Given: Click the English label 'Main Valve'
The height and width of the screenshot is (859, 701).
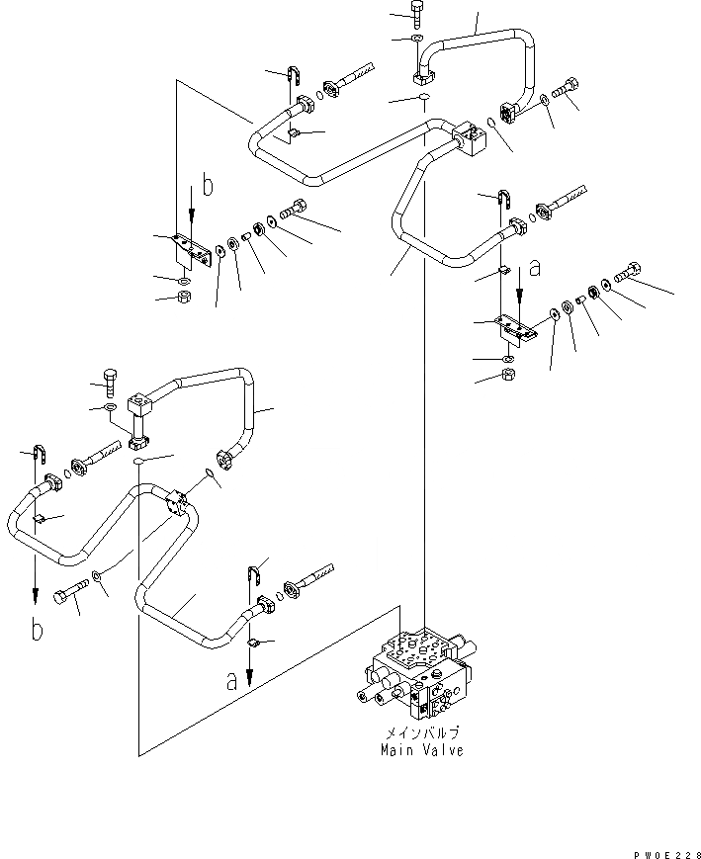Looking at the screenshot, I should tap(422, 750).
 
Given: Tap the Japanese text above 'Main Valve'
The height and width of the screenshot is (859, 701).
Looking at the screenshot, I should tap(422, 734).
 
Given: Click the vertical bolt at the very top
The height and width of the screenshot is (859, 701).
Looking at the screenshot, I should tap(416, 13).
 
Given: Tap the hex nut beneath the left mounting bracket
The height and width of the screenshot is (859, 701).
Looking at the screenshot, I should tap(184, 299).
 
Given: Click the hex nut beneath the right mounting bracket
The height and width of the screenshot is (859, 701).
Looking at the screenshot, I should tap(506, 375).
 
